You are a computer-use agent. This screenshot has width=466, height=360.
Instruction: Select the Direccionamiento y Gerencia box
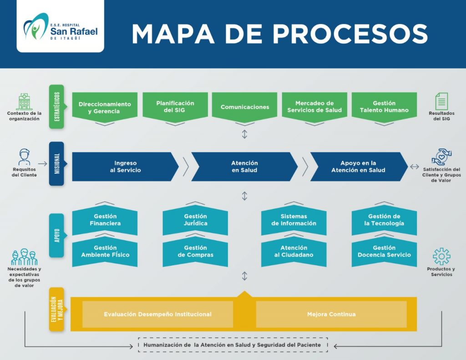(105, 107)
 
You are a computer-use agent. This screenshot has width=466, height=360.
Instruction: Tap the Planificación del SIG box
(175, 107)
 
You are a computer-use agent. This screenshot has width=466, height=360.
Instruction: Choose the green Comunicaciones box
(245, 107)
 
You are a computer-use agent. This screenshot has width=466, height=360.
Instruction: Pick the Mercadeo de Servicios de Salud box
(314, 107)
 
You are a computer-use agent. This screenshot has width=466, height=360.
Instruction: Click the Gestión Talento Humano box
(384, 107)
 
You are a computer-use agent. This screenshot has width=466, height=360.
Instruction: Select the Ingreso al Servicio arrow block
(125, 167)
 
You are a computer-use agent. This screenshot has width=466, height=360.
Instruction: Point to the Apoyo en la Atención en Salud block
(358, 167)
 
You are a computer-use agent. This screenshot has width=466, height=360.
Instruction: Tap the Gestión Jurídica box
(195, 220)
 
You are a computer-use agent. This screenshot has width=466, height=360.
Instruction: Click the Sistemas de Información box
(294, 220)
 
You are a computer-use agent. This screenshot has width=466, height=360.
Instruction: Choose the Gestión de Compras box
(195, 252)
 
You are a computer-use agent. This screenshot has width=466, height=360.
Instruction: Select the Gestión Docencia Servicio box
(384, 252)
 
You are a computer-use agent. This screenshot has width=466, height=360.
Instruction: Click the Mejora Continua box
(331, 314)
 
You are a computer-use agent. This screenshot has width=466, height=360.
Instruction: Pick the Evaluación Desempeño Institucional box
(157, 314)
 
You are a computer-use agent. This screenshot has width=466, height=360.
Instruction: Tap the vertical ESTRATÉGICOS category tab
(56, 106)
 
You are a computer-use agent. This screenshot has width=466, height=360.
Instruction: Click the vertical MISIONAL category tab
(56, 164)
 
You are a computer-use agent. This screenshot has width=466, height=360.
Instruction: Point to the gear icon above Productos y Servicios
(441, 257)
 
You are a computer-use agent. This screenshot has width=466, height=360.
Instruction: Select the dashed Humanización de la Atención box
(233, 345)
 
